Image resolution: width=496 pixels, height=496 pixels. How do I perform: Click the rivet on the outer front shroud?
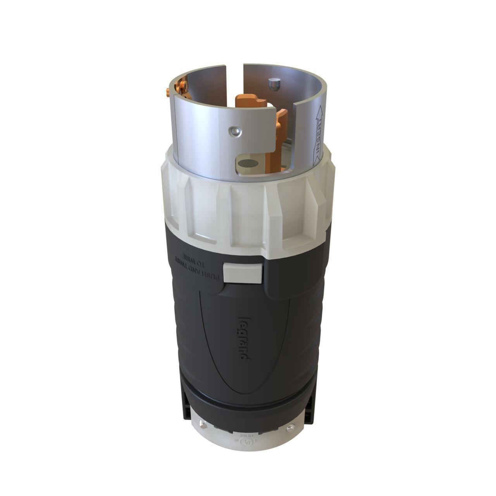click(234, 132)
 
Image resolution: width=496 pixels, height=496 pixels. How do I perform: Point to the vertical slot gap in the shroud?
click(234, 81)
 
